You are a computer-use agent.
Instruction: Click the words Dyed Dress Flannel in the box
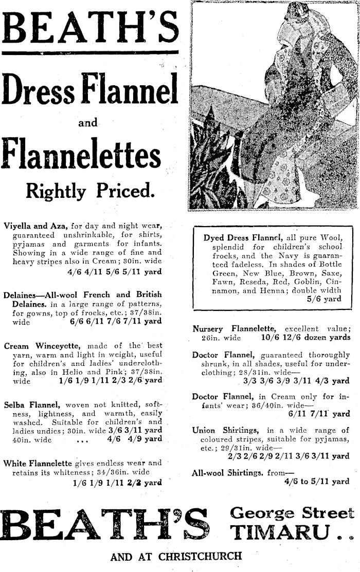(x=242, y=238)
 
